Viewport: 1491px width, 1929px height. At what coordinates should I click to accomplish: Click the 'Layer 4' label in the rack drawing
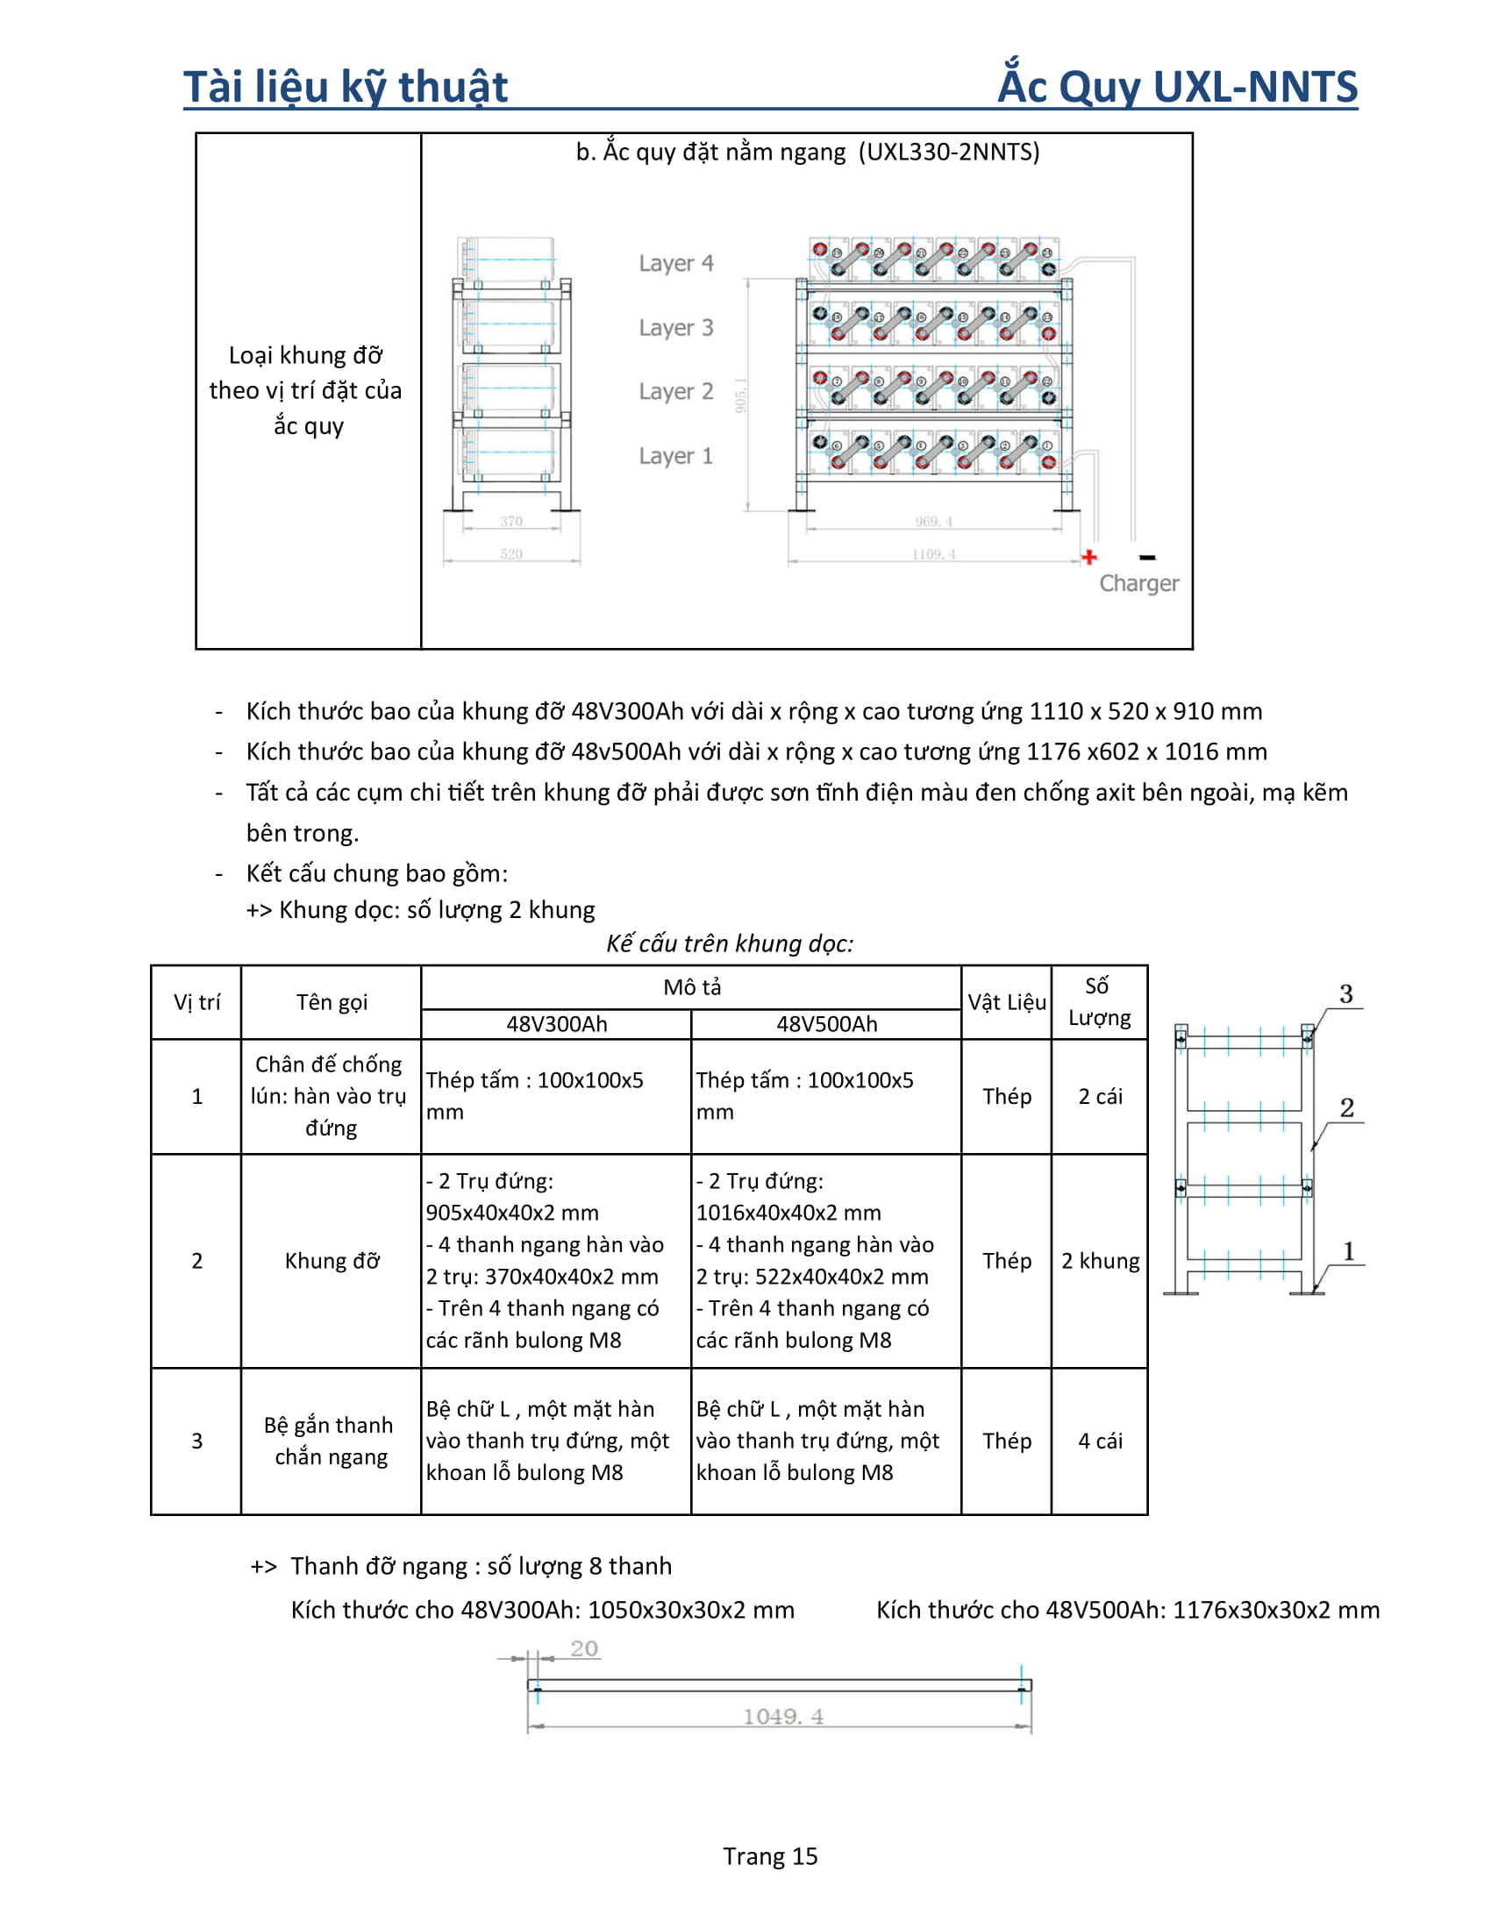coord(675,263)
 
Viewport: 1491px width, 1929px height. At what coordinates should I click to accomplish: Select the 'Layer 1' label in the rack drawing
coord(675,456)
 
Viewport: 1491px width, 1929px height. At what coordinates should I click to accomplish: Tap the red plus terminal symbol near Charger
coord(1089,557)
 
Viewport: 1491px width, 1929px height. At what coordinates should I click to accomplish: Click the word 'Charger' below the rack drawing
coord(1138,583)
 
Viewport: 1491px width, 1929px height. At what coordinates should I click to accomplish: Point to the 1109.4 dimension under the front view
coord(933,554)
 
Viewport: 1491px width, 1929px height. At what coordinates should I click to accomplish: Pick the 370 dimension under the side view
coord(511,521)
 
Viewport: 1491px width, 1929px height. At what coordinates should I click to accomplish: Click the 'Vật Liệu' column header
coord(1006,1002)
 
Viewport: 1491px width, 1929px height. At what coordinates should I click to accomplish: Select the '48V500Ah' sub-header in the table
coord(826,1023)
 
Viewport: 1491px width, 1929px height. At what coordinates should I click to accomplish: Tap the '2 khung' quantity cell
coord(1100,1260)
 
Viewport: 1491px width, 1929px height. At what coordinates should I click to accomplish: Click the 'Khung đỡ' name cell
coord(332,1260)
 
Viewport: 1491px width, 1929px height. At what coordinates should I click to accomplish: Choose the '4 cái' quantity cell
coord(1100,1441)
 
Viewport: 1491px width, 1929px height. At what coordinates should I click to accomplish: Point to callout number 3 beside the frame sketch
coord(1345,993)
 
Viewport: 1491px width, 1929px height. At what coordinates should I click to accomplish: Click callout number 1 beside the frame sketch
coord(1348,1250)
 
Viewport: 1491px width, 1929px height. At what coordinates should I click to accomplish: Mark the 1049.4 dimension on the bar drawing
coord(782,1716)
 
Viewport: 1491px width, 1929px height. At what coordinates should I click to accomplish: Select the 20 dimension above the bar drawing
coord(584,1648)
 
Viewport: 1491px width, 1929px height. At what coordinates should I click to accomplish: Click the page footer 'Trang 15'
coord(769,1855)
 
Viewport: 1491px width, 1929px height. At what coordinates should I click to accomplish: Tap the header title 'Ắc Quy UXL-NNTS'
coord(1176,87)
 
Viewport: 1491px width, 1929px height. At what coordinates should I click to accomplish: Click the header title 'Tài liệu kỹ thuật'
coord(346,87)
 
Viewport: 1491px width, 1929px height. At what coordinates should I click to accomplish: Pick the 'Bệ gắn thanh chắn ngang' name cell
coord(331,1441)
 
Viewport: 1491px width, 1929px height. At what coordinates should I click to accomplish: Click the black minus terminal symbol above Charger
coord(1146,557)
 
